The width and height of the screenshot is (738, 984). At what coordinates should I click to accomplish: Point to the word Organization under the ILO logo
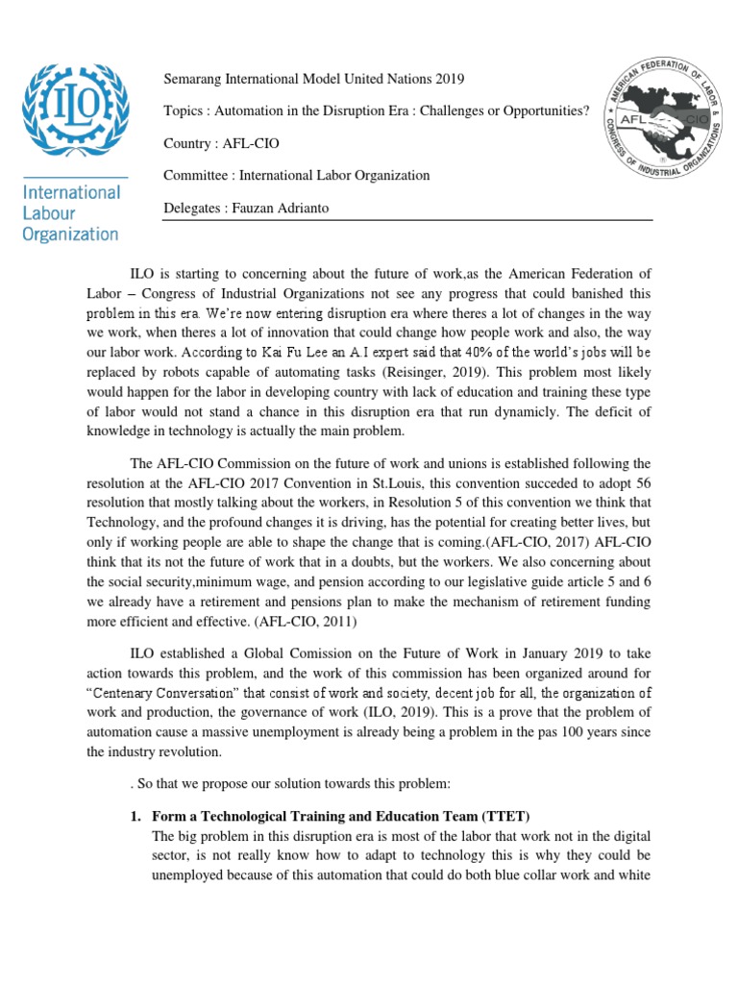[x=70, y=233]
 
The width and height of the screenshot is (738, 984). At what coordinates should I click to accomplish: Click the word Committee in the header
[x=198, y=175]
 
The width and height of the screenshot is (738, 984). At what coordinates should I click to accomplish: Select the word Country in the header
[x=189, y=143]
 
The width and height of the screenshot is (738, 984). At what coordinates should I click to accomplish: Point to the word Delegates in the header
[x=195, y=208]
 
